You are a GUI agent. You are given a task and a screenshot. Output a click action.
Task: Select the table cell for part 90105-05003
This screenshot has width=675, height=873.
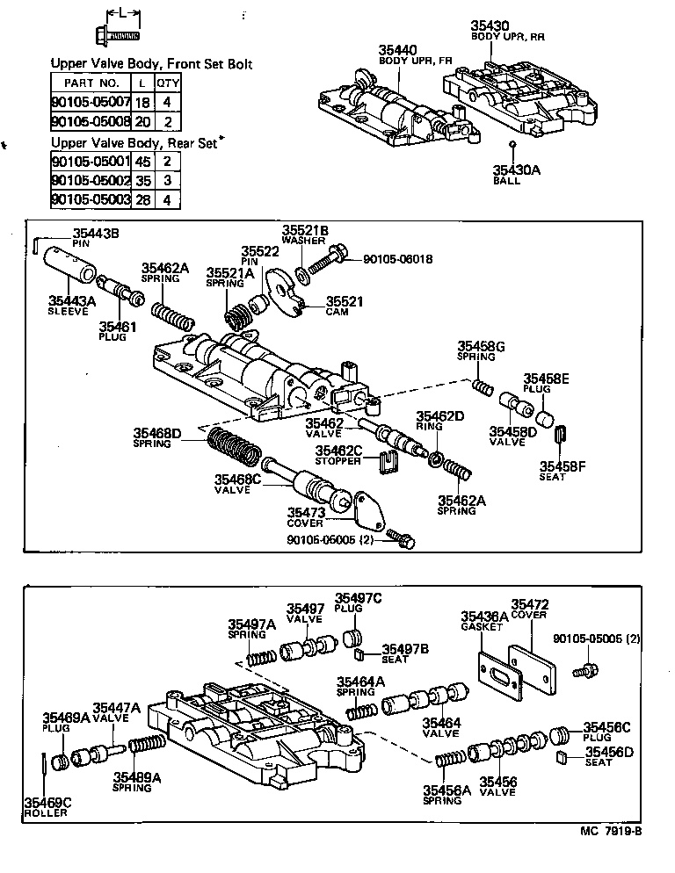point(91,200)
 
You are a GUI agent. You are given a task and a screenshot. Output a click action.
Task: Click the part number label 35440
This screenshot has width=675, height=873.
point(397,50)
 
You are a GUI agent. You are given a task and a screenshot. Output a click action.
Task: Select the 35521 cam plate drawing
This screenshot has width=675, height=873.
point(289,292)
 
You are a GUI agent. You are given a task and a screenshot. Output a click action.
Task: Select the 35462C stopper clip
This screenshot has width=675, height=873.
point(382,461)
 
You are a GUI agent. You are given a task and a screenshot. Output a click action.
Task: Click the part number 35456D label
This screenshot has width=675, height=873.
point(609,751)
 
